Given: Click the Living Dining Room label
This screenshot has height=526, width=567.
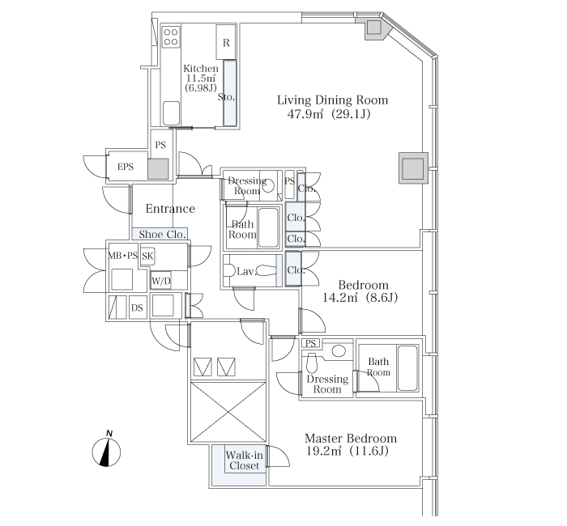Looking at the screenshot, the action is pyautogui.click(x=332, y=100).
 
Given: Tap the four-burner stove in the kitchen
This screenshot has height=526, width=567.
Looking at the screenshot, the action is pyautogui.click(x=171, y=37).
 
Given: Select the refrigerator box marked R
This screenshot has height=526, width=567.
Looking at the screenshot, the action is pyautogui.click(x=226, y=42).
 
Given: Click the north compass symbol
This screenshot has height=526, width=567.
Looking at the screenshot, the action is pyautogui.click(x=106, y=449).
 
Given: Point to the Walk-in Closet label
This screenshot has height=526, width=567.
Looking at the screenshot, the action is pyautogui.click(x=244, y=460).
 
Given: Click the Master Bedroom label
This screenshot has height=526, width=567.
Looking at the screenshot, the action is pyautogui.click(x=351, y=439).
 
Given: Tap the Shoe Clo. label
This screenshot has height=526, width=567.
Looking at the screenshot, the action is pyautogui.click(x=162, y=235).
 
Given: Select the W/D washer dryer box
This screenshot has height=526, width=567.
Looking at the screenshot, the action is pyautogui.click(x=161, y=280).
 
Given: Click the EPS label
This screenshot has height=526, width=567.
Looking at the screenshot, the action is pyautogui.click(x=126, y=167).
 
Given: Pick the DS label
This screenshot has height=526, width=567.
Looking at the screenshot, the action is pyautogui.click(x=137, y=308).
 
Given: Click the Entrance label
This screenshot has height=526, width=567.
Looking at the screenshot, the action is pyautogui.click(x=170, y=209).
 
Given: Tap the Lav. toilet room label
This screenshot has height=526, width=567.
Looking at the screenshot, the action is pyautogui.click(x=246, y=271).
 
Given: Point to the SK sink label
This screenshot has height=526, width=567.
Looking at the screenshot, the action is pyautogui.click(x=147, y=257).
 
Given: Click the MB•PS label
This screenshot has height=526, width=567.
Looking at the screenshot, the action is pyautogui.click(x=123, y=256).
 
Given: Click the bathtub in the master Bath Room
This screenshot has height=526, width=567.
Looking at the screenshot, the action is pyautogui.click(x=407, y=367).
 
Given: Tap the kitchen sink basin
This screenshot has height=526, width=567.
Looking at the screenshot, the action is pyautogui.click(x=171, y=113).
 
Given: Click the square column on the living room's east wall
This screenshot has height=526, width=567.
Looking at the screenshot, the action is pyautogui.click(x=413, y=168).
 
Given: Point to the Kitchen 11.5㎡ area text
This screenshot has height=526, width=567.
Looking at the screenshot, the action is pyautogui.click(x=201, y=78).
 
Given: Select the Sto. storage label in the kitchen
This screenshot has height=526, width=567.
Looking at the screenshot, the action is pyautogui.click(x=226, y=97).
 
